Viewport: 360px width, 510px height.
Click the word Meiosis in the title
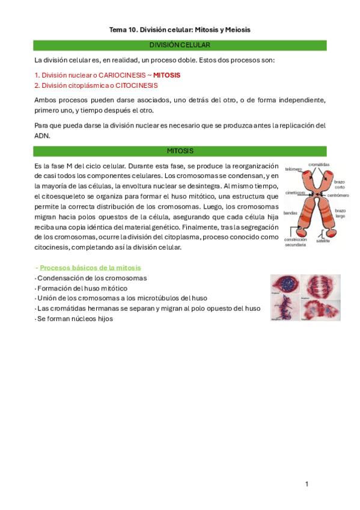237,29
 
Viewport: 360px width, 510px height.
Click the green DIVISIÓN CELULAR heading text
180,45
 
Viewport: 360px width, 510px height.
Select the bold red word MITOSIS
166,75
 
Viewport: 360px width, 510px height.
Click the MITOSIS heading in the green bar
180,150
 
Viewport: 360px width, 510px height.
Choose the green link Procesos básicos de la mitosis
91,268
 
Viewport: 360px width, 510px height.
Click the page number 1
307,484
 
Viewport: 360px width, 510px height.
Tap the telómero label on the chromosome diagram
293,169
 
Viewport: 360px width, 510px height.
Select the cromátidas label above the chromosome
318,164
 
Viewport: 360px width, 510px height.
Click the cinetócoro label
295,192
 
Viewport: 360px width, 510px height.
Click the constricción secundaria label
295,242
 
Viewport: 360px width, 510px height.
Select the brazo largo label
340,214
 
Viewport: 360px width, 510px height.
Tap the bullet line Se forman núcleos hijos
75,319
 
